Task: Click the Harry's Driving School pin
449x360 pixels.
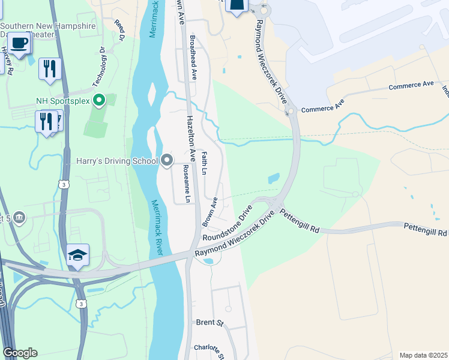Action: tap(167, 160)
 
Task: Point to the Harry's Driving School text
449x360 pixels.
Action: tap(116, 161)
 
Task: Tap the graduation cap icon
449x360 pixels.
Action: tap(77, 255)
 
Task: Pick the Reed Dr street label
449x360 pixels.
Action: tap(119, 29)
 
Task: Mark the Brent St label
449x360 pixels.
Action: tap(209, 322)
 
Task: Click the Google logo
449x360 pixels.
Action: tap(20, 353)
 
